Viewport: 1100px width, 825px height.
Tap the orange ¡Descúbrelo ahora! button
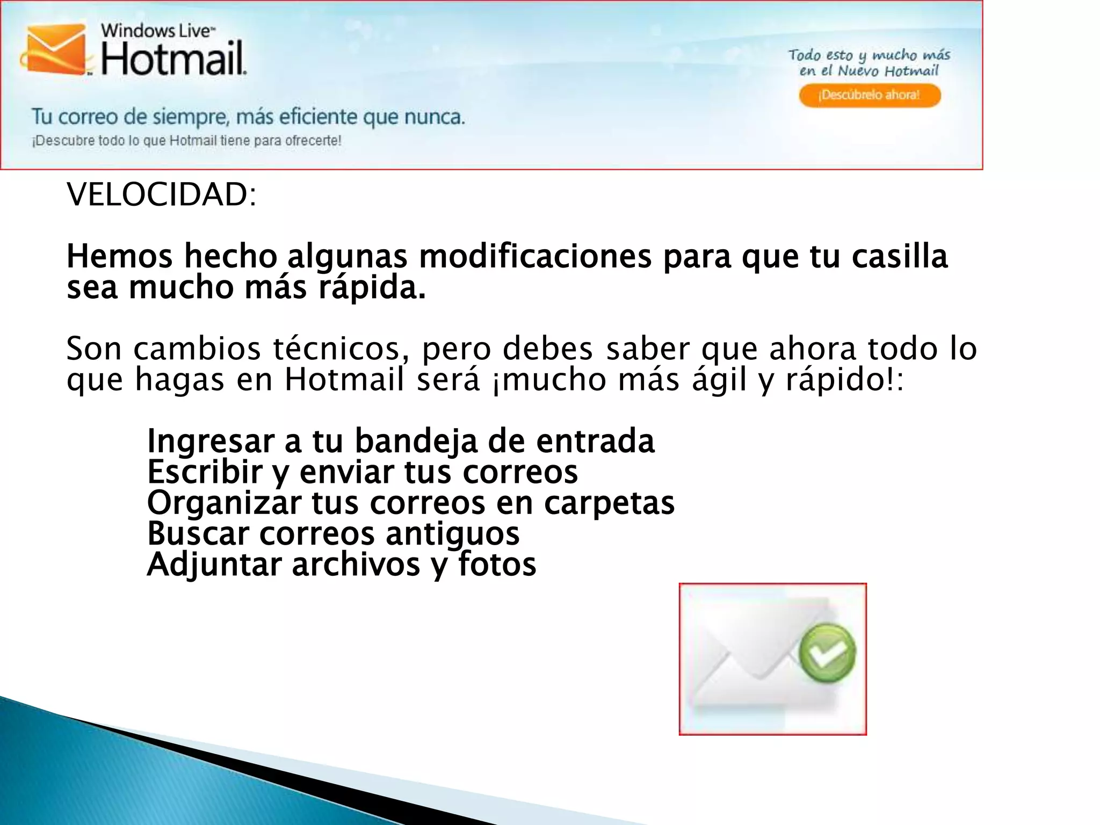[x=870, y=96]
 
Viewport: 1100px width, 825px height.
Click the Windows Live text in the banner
[x=157, y=31]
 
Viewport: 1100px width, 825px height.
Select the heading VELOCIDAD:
[x=162, y=194]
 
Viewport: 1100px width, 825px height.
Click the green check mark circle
[x=827, y=653]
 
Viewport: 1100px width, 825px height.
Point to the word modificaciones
[x=535, y=256]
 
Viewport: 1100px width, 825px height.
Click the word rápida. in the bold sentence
[x=372, y=288]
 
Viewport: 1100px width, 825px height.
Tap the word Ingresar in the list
[x=211, y=441]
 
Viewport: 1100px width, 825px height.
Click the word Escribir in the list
[x=205, y=472]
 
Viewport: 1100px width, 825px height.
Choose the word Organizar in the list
[x=224, y=503]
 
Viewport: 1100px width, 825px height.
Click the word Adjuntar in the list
[x=214, y=565]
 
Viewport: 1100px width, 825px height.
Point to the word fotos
[x=497, y=565]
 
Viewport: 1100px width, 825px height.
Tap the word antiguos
[x=452, y=534]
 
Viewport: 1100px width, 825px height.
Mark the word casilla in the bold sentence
[x=900, y=256]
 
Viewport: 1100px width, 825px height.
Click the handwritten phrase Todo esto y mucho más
[x=869, y=55]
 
